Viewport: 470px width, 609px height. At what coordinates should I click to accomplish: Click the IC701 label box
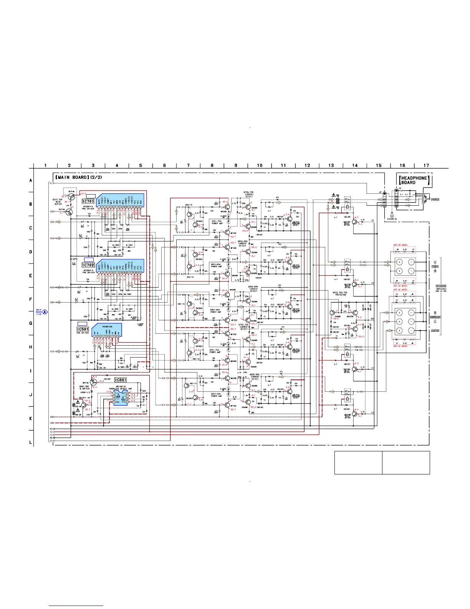tap(88, 201)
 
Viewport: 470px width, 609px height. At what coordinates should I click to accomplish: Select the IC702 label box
tap(88, 265)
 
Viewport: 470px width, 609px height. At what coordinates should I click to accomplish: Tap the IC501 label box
tap(83, 329)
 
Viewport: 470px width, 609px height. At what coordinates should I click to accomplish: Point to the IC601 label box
tap(120, 380)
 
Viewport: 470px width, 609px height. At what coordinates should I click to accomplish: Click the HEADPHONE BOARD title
tap(414, 180)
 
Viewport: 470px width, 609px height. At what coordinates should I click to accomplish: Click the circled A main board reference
tap(45, 312)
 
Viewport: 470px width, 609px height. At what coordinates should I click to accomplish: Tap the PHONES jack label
tap(435, 200)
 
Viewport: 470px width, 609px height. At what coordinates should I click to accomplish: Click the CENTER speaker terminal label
tap(435, 331)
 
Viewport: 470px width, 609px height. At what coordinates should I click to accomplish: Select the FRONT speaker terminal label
tap(435, 266)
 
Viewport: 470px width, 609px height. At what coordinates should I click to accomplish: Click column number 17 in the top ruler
tap(426, 165)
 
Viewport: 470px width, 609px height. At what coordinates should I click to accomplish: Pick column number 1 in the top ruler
tap(45, 165)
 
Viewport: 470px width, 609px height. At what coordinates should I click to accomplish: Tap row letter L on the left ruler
tap(31, 443)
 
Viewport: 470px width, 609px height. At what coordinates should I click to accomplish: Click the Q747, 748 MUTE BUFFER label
tap(58, 202)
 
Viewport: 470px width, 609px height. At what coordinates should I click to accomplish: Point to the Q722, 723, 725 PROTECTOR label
tap(340, 293)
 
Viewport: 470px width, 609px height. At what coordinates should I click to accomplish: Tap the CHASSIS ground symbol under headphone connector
tap(392, 216)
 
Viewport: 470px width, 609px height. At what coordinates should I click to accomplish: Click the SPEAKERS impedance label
tap(441, 288)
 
